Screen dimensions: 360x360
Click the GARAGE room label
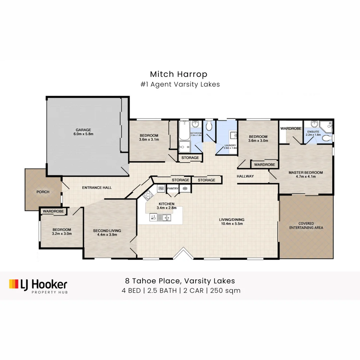point(83,130)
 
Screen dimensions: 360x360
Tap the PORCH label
point(43,192)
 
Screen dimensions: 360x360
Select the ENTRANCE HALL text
point(97,188)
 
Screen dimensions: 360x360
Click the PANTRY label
point(173,189)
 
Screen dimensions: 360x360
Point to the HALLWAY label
point(245,176)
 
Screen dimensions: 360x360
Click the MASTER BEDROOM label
point(306,172)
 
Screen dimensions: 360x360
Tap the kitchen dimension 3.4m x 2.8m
point(166,208)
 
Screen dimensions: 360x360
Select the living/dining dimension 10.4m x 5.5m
point(231,224)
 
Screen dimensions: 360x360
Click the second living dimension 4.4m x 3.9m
point(107,235)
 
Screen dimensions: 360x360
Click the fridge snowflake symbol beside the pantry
point(185,189)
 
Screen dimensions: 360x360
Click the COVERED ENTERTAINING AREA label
point(306,225)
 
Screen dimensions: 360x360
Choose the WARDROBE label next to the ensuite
point(291,128)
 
